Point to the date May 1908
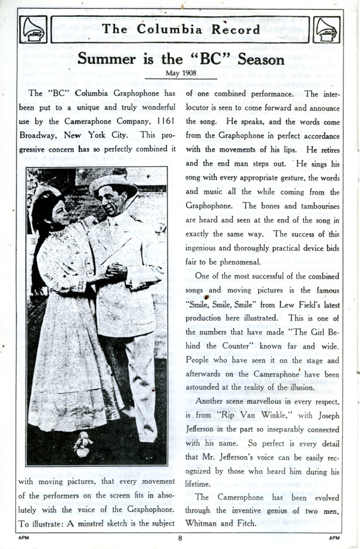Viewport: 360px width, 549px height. click(x=180, y=73)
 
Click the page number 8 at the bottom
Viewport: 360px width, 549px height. click(x=180, y=538)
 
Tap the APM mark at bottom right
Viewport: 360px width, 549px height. click(x=335, y=538)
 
